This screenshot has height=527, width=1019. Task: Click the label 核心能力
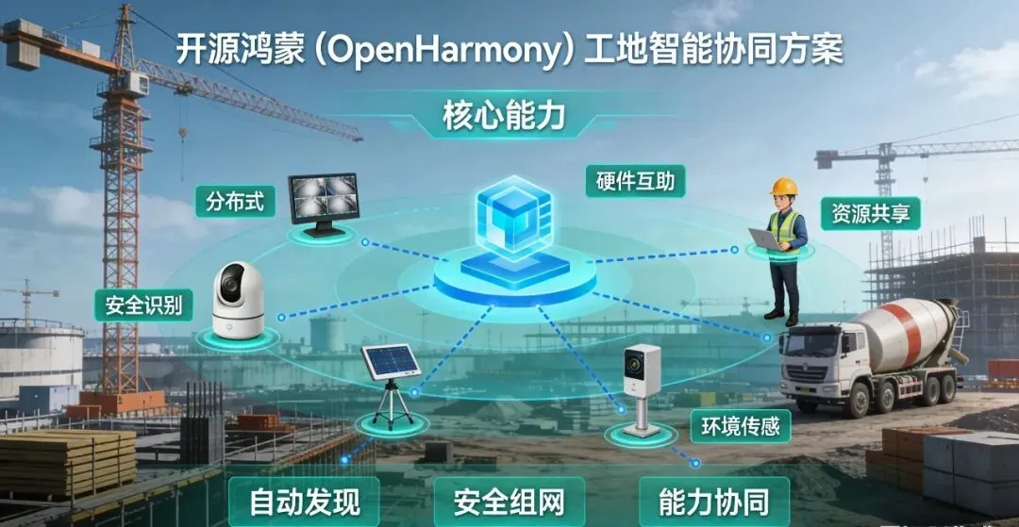(x=504, y=117)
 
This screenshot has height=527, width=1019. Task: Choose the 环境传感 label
(x=740, y=426)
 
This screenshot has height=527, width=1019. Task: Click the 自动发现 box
(x=305, y=501)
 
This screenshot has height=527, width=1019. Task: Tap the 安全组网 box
(x=509, y=501)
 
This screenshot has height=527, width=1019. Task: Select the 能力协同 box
(x=713, y=501)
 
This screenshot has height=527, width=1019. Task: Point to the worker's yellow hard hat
(x=783, y=186)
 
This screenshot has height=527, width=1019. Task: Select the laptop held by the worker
(x=765, y=239)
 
